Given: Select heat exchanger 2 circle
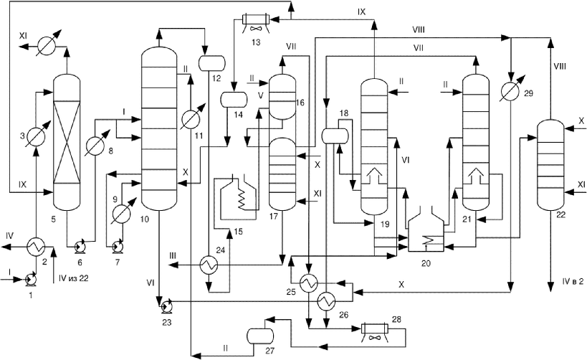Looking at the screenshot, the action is point(36,247).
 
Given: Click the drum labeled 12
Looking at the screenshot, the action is point(212,62).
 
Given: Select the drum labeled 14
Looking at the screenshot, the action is point(234,99).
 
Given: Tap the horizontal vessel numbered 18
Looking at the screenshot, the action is point(335,136).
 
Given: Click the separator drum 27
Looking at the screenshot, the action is point(261,336).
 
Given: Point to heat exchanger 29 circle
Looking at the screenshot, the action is point(510,93).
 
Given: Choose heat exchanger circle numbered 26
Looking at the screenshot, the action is point(327,300).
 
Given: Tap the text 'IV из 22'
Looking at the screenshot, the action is point(73,278).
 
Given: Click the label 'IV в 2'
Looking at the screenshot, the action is point(573,281).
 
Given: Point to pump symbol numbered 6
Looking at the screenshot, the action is point(80,247).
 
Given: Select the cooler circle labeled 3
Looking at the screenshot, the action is point(37,137).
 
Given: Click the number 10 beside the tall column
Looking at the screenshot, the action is point(144,219).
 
